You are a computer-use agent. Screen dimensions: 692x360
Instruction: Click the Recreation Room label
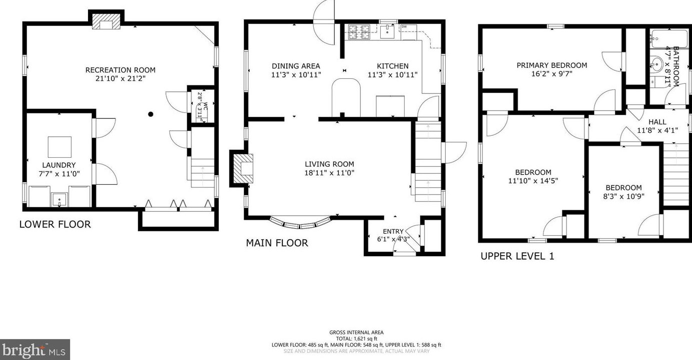click(x=120, y=70)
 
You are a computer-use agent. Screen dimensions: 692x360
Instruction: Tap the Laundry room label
click(x=59, y=165)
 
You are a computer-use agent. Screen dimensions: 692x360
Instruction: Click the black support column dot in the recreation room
click(x=151, y=114)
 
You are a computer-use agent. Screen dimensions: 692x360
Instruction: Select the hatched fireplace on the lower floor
click(x=106, y=21)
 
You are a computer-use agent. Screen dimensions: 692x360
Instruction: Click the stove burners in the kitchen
click(x=359, y=32)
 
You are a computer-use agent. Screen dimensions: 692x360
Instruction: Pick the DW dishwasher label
click(x=404, y=27)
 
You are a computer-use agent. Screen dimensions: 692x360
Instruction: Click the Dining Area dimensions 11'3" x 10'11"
click(x=296, y=75)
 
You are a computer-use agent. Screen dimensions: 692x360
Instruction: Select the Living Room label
click(x=330, y=164)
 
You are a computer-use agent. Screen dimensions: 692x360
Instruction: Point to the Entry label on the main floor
click(x=393, y=231)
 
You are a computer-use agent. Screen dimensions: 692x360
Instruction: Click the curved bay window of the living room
click(x=300, y=224)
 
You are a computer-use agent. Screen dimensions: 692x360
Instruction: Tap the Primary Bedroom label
click(x=552, y=65)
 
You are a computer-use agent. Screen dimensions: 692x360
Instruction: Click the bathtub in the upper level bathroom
click(x=669, y=39)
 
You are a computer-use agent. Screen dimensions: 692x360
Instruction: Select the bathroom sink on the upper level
click(x=656, y=64)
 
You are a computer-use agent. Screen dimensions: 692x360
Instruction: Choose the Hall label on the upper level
click(x=658, y=122)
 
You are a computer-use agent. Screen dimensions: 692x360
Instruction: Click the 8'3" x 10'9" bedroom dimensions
click(x=624, y=196)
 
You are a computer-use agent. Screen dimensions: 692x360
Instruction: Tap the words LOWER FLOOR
click(x=55, y=225)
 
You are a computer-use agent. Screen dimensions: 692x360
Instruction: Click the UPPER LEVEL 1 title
click(x=518, y=256)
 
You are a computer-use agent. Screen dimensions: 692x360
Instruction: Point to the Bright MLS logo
click(x=34, y=350)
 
